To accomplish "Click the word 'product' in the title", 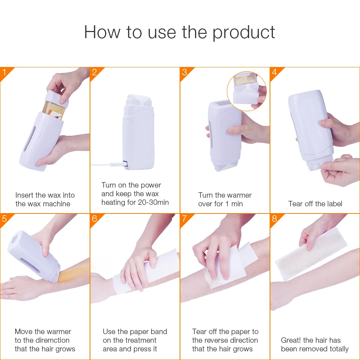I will (244, 32).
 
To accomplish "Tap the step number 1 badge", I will (4, 72).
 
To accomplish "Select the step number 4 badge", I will (274, 72).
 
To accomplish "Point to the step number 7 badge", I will (184, 219).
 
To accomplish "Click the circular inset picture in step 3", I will (247, 90).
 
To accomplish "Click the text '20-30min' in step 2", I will (153, 202).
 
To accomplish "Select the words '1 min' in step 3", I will (234, 204).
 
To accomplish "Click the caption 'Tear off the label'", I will (315, 204).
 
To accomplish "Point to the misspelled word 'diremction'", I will (52, 340).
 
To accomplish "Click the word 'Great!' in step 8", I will (291, 340).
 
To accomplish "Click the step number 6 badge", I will (94, 219).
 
